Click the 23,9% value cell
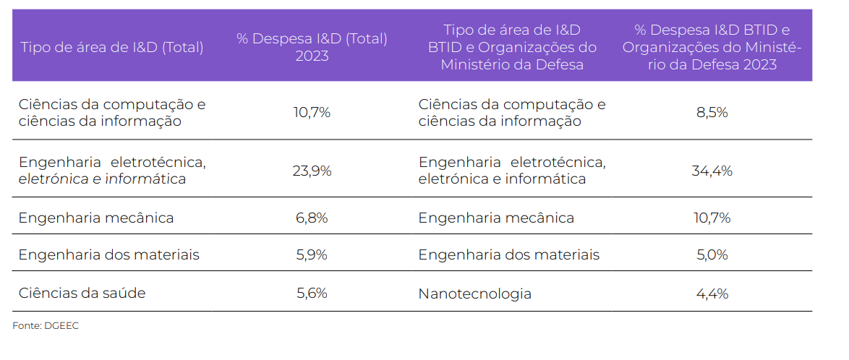(x=312, y=171)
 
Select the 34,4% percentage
(x=712, y=171)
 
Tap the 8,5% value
(x=712, y=112)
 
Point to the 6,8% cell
(x=312, y=218)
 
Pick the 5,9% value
(x=312, y=254)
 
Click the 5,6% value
(x=312, y=293)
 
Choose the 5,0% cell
(x=712, y=254)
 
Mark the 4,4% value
(x=712, y=293)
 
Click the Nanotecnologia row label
(x=474, y=293)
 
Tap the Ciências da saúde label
(x=82, y=293)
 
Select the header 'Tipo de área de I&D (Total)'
(x=112, y=48)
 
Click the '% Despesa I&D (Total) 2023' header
(x=312, y=47)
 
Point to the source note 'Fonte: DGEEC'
(x=46, y=326)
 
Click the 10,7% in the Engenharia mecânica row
(x=712, y=218)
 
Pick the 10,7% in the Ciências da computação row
(x=312, y=112)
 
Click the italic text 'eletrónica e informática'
(x=102, y=179)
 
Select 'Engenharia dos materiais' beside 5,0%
(x=508, y=254)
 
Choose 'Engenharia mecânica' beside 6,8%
(x=96, y=218)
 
